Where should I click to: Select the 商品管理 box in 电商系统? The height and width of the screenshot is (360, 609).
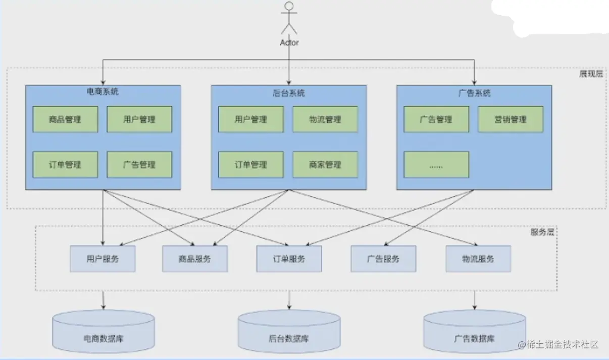(x=65, y=119)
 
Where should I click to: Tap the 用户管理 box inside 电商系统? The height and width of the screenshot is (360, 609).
(x=139, y=119)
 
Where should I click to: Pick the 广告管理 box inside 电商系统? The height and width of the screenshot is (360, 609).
(x=139, y=165)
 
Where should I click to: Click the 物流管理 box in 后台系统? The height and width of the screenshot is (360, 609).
(x=325, y=119)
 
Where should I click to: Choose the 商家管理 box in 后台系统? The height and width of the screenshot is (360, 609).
(x=325, y=165)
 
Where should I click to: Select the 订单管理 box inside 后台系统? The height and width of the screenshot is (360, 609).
(x=251, y=165)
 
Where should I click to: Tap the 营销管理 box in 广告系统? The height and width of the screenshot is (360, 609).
(x=511, y=119)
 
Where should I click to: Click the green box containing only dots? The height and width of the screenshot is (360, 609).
(x=436, y=165)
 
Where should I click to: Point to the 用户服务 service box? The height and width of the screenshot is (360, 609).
(x=103, y=259)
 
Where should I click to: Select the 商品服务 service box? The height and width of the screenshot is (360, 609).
(x=194, y=259)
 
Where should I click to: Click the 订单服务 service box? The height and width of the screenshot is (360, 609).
(x=289, y=259)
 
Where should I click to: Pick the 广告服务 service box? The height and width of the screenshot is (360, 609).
(x=383, y=259)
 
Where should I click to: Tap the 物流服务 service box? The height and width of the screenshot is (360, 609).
(x=478, y=259)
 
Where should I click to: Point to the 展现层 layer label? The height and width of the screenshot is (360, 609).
(x=591, y=74)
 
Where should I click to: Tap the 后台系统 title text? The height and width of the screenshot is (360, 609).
(x=288, y=93)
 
